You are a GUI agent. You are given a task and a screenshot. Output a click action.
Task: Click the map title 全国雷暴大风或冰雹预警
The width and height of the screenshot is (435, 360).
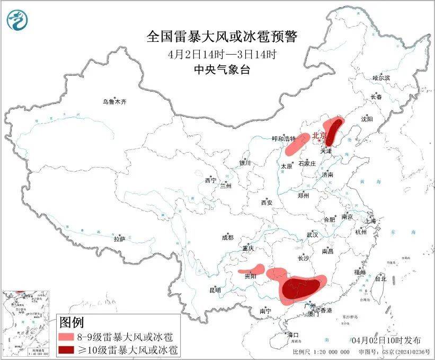222,37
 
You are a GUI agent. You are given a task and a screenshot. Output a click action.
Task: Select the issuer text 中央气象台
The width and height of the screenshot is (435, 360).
221,69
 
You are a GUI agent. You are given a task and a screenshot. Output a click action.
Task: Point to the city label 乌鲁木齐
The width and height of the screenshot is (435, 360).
115,101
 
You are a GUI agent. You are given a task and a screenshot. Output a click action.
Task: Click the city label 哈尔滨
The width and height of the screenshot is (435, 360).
380,78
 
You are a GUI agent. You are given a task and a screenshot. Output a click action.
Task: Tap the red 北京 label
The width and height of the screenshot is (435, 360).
319,136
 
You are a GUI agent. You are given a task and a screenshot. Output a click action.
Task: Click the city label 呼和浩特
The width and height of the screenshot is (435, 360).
283,139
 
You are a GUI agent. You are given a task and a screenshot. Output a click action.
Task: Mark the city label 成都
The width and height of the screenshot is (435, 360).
228,238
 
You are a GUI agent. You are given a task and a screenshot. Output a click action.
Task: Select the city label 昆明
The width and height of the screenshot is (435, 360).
215,290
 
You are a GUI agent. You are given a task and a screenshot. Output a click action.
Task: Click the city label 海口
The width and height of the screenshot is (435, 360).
292,335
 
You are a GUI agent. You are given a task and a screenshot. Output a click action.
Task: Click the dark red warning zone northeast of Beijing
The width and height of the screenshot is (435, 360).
333,130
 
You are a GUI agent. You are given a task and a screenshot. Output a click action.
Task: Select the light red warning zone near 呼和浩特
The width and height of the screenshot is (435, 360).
297,144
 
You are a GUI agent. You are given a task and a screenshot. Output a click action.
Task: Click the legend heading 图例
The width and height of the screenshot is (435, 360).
71,322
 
